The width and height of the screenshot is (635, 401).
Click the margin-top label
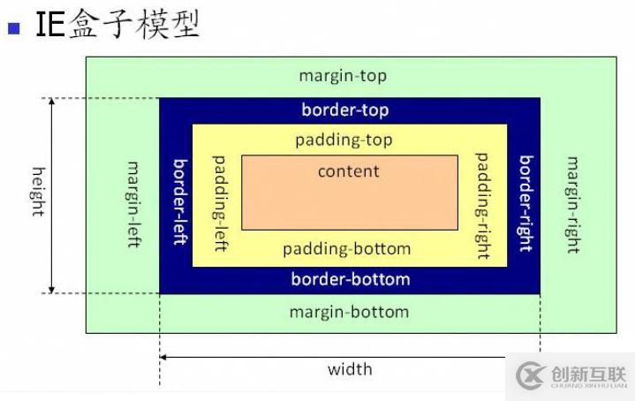[343, 76]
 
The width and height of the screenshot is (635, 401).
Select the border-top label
[345, 110]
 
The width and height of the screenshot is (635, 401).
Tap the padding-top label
[344, 140]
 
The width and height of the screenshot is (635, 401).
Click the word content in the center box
[349, 171]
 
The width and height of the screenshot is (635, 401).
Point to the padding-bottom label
[347, 249]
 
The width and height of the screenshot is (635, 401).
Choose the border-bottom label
[351, 280]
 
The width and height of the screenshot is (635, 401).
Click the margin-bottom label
[349, 312]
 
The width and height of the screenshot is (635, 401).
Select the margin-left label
[134, 203]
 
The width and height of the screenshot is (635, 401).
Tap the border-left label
[179, 201]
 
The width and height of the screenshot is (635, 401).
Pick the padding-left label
[220, 203]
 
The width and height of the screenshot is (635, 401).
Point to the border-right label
[525, 202]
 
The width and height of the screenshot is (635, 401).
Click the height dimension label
[38, 191]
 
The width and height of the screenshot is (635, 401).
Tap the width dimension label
[350, 369]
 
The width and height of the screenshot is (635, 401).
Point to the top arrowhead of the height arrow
[52, 102]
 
